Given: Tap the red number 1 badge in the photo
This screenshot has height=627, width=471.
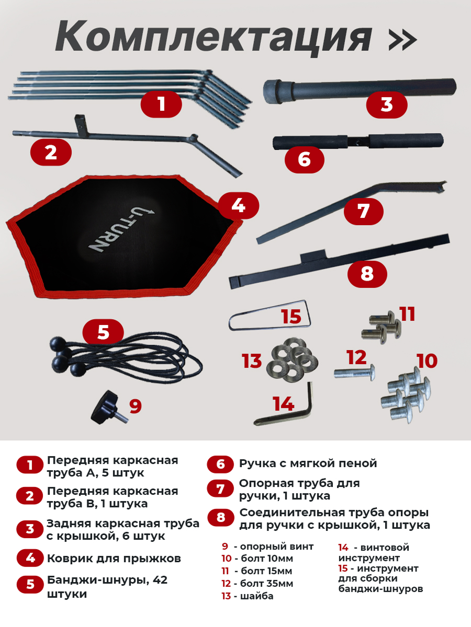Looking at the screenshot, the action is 161,104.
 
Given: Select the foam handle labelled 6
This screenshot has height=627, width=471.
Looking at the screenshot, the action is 358,142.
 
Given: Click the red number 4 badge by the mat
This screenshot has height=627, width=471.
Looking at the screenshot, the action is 239,205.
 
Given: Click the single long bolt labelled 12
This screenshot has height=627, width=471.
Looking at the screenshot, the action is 355,372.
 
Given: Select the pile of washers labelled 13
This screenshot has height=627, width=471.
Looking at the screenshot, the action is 292,360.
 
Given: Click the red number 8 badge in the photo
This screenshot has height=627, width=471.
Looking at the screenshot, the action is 367,274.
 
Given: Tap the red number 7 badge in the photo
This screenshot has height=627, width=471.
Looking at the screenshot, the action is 363,212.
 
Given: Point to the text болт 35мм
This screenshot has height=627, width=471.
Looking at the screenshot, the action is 266,583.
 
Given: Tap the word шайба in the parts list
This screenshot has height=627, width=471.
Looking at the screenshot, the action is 257,596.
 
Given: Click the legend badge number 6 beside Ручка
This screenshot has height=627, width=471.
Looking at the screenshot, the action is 220,464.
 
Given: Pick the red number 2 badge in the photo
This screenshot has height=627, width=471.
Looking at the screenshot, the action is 51,153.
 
